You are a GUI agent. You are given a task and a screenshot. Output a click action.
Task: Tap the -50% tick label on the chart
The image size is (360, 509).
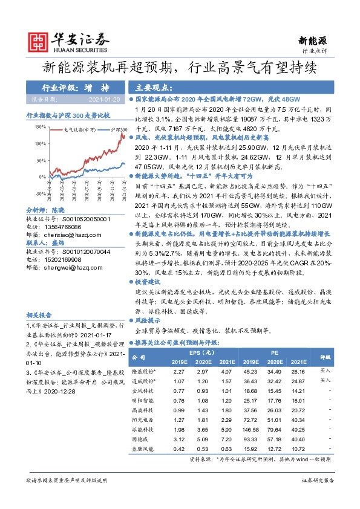point(41,193)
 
